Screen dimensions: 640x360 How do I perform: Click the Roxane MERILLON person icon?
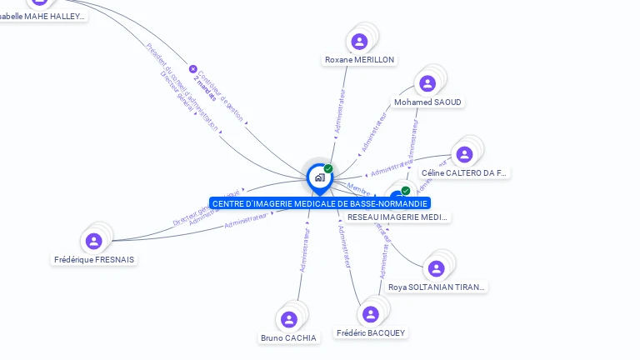point(359,41)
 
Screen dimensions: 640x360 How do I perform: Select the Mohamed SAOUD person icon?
point(427,83)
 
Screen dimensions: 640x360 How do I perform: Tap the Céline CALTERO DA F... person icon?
point(464,154)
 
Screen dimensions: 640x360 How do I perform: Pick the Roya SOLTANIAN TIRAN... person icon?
point(436,268)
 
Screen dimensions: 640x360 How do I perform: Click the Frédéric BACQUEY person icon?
point(371,314)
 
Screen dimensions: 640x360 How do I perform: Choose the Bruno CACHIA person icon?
point(289,319)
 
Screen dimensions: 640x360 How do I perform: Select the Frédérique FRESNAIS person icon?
point(93,241)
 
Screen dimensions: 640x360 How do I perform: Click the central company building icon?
point(320,177)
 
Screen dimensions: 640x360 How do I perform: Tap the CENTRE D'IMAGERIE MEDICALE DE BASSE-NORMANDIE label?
point(320,203)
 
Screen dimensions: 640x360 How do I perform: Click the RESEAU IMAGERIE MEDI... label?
point(397,217)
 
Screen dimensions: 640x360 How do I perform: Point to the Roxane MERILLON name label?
point(359,60)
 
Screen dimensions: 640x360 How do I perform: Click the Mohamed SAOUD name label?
point(427,102)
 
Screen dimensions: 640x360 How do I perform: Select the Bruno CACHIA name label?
point(288,338)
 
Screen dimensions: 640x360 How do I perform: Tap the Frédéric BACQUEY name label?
point(371,333)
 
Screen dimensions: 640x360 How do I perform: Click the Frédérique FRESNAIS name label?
point(94,259)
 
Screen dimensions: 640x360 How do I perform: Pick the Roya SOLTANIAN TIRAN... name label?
point(436,287)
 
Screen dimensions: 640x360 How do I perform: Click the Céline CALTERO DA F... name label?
point(464,173)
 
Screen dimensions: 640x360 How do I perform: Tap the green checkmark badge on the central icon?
point(328,168)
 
